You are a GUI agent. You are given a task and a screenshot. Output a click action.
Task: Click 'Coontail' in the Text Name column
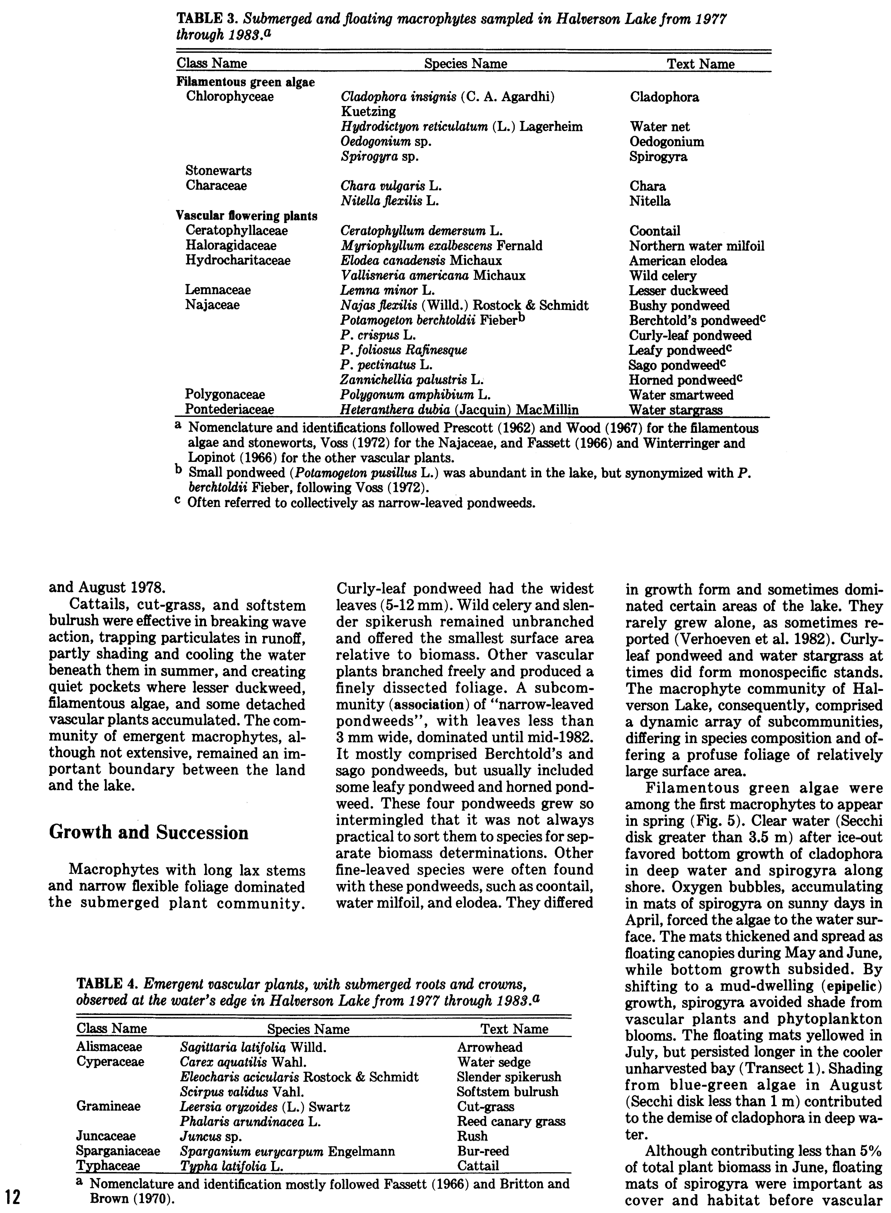[x=655, y=231]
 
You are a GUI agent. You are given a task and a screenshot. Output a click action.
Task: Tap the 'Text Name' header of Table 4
[x=514, y=1029]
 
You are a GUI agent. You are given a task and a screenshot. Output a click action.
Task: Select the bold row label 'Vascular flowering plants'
[x=246, y=216]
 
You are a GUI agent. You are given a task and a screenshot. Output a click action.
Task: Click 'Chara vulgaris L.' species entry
[x=391, y=186]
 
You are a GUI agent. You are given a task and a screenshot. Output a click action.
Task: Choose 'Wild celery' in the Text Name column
[x=663, y=276]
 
